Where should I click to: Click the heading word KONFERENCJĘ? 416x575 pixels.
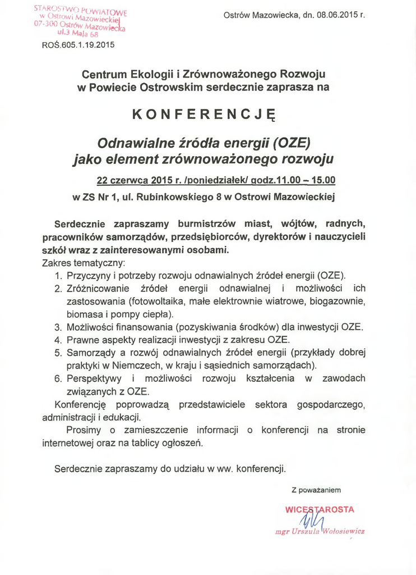coord(204,115)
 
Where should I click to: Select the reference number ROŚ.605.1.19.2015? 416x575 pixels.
coord(78,45)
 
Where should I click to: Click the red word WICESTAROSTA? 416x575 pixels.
coord(320,509)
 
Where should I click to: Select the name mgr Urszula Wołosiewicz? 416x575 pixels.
coord(320,531)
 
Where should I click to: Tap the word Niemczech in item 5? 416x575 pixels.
coord(138,366)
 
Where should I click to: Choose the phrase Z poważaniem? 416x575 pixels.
coord(316,490)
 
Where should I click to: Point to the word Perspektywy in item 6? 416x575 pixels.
coord(93,378)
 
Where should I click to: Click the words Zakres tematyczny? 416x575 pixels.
coord(84,262)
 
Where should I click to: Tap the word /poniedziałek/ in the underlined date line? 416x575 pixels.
coord(204,180)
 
